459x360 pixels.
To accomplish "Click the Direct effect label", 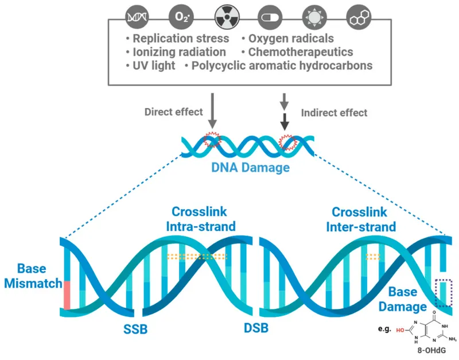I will click(x=174, y=112).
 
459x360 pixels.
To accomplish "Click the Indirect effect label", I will click(x=334, y=113).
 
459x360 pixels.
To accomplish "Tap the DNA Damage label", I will click(x=248, y=168).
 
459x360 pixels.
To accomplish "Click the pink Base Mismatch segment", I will click(x=67, y=295).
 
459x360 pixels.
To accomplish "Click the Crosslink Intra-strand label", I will click(x=200, y=219).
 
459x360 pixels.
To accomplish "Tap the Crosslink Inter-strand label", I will click(x=361, y=219).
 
